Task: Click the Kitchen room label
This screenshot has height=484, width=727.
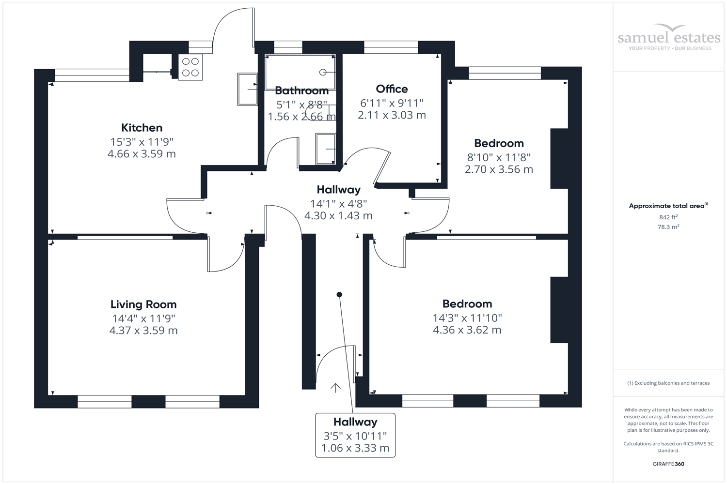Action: tap(142, 128)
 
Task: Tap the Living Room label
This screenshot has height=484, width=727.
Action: tap(143, 304)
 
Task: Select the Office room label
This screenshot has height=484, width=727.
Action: tap(392, 89)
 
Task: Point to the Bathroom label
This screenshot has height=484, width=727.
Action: tap(301, 91)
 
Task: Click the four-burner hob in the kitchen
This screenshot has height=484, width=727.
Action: tap(190, 67)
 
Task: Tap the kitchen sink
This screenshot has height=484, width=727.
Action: tap(247, 89)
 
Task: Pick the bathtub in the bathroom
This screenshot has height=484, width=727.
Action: tap(300, 72)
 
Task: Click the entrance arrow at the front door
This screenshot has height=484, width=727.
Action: tap(335, 387)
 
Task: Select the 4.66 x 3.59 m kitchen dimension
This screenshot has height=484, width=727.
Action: tap(142, 154)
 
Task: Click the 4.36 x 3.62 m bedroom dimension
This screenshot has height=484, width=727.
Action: tap(467, 330)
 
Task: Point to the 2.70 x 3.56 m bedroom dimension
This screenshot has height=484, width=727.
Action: tap(499, 169)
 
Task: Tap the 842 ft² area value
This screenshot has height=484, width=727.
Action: tap(668, 217)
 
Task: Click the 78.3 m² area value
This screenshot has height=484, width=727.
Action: tap(668, 227)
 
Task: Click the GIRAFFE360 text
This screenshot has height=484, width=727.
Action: tap(668, 464)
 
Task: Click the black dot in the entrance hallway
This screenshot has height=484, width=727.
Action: tap(339, 294)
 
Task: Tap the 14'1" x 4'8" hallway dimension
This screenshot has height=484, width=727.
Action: tap(338, 204)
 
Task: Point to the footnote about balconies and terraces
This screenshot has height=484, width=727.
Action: tap(668, 383)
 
